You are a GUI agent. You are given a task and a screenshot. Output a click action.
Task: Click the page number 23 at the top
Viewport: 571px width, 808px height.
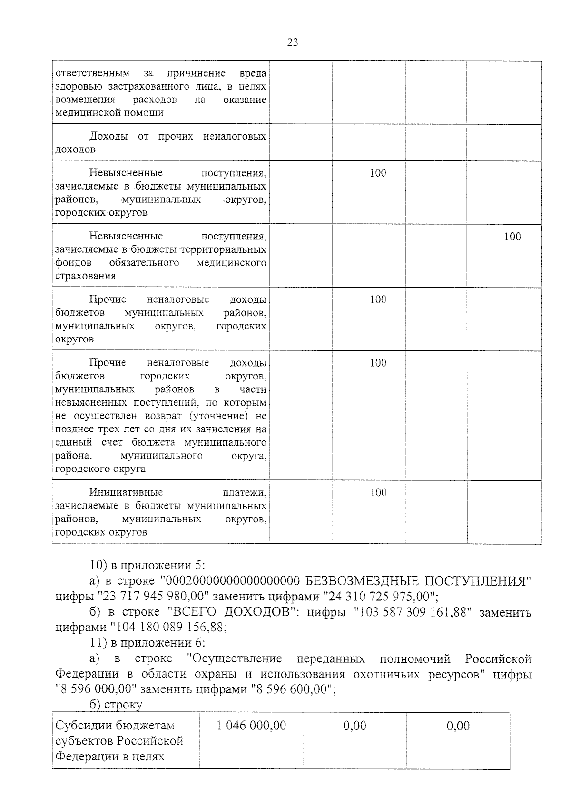293,42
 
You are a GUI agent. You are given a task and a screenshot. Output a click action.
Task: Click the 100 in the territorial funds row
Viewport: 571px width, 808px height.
512,237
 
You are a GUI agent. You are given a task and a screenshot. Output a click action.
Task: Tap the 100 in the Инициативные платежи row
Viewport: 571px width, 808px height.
378,492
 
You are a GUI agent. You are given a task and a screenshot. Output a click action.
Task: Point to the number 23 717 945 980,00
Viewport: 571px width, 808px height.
153,596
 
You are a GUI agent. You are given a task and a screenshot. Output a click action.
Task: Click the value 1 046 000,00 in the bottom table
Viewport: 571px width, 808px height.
251,726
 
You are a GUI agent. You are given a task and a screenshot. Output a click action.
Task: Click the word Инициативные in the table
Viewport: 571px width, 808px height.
126,492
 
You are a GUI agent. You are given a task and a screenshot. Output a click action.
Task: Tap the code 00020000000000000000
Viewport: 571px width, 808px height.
232,581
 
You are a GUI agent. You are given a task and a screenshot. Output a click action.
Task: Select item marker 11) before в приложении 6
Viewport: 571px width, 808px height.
98,643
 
